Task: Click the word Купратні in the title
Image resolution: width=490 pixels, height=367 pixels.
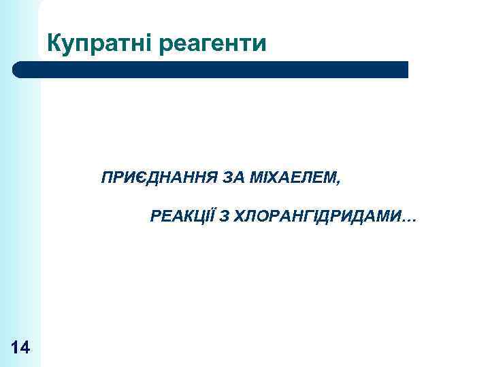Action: (100, 43)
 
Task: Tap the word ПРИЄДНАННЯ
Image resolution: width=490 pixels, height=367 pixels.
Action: (159, 179)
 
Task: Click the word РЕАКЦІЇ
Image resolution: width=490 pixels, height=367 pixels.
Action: (182, 217)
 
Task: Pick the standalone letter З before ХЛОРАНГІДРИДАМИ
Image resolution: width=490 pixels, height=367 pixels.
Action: (224, 217)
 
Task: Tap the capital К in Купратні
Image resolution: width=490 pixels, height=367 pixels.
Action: (54, 43)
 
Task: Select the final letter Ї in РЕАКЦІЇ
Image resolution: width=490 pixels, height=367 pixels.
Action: (210, 217)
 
